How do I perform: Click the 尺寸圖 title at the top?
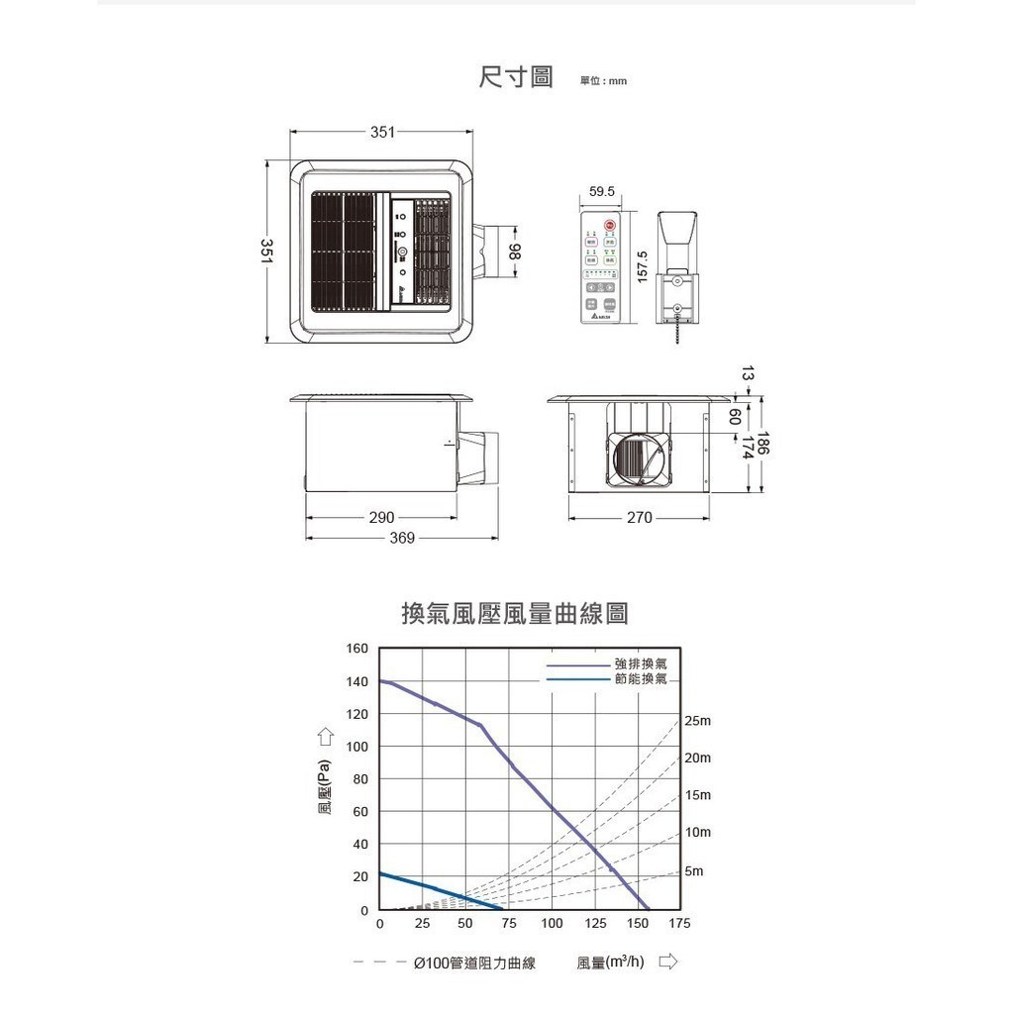coord(516,77)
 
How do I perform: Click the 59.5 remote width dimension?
coord(601,191)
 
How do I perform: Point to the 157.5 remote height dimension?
coord(643,266)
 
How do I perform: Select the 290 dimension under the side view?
coord(381,517)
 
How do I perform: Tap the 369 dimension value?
coord(402,538)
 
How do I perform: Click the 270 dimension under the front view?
coord(640,517)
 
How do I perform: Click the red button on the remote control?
coord(610,226)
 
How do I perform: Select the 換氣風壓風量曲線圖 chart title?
coord(514,614)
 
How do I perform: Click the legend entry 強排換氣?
coord(641,662)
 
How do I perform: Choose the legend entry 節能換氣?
coord(641,679)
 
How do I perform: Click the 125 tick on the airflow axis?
coord(596,923)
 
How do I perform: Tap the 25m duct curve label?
coord(698,721)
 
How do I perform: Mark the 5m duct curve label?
coord(693,871)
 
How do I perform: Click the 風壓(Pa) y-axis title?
coord(324,794)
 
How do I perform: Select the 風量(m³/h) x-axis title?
coord(610,963)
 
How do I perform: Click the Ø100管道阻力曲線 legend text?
coord(474,963)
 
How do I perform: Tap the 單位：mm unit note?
coord(603,81)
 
